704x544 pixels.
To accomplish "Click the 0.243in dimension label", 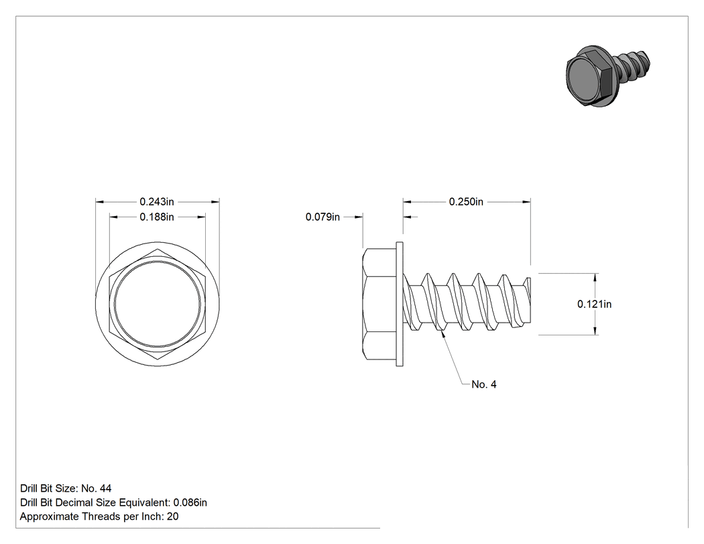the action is pos(157,202).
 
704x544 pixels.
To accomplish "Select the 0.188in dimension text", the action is pos(157,217).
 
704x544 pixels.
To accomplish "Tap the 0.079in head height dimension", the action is pos(322,217).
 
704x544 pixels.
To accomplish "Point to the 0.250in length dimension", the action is pos(466,202).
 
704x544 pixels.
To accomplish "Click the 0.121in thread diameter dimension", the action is pos(594,304).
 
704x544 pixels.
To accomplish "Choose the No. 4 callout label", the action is pos(484,384).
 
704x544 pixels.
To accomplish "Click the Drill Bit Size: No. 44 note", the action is pos(66,488).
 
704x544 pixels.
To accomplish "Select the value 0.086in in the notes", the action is pos(190,502).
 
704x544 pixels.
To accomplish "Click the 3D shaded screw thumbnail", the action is pos(608,76).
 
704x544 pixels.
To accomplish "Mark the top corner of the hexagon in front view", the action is pos(158,249).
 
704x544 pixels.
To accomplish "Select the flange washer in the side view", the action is pos(400,304).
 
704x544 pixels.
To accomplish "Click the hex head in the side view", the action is pos(379,304).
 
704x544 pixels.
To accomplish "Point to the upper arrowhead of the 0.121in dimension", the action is pos(595,278).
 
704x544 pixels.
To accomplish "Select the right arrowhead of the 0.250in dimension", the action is pos(526,202).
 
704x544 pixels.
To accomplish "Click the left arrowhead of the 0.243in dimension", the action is pos(100,202).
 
